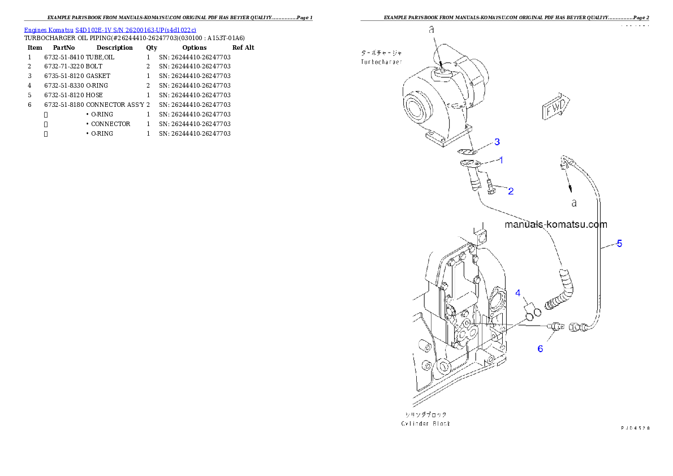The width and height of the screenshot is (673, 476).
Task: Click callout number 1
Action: click(x=501, y=160)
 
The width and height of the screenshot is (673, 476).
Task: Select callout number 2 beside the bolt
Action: click(x=511, y=191)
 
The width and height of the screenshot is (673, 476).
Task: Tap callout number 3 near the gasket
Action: click(x=497, y=141)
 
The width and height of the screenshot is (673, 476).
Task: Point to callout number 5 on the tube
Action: click(x=619, y=244)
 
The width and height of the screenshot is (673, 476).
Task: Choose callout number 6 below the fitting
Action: click(x=540, y=349)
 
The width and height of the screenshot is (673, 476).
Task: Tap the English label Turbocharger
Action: click(x=382, y=62)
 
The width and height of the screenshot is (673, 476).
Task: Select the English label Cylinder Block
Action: click(x=426, y=423)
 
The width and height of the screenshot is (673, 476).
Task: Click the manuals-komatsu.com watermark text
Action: click(x=555, y=224)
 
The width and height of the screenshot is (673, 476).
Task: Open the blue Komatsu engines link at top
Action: click(x=110, y=30)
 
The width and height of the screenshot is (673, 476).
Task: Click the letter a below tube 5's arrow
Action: click(x=573, y=202)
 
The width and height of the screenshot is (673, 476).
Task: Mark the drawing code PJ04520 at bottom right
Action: click(x=635, y=428)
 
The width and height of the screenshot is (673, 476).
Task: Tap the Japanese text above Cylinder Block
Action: click(x=426, y=414)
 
